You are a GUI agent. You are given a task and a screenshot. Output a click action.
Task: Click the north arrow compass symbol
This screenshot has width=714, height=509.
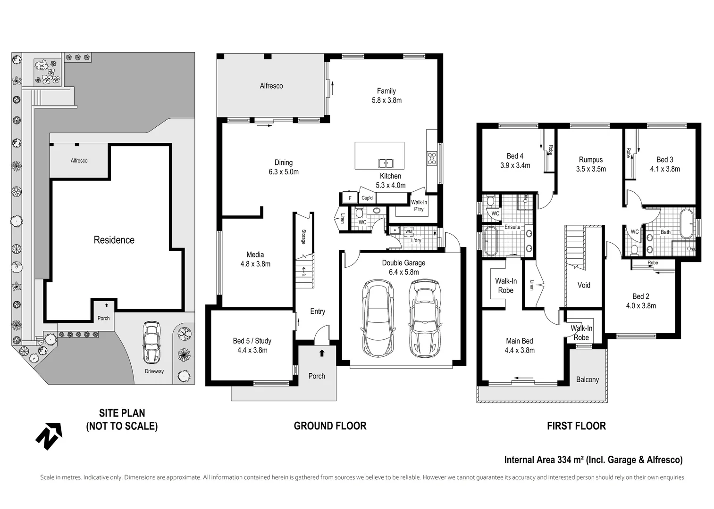(x=49, y=435)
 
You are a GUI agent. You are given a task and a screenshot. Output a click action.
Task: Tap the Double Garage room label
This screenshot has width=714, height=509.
(x=403, y=263)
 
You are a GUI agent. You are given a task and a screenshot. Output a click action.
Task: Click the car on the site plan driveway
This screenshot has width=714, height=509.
(x=151, y=342)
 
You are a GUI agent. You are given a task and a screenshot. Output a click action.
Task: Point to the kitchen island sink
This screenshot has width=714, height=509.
(x=386, y=163)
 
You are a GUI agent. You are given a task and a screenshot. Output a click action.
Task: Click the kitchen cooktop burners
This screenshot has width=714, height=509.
(x=432, y=158)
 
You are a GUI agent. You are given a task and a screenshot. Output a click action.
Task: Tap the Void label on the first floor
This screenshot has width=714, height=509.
(x=584, y=285)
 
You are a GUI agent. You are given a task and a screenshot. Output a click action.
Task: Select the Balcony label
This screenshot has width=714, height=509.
(x=588, y=379)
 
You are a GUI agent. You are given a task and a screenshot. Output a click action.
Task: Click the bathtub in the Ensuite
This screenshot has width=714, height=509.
(x=490, y=241)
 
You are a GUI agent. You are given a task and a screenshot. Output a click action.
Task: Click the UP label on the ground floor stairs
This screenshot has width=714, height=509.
(x=303, y=275)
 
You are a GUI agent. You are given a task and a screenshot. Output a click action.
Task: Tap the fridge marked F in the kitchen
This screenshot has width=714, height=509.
(x=350, y=197)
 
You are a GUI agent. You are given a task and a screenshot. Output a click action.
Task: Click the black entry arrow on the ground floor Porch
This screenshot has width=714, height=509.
(x=322, y=353)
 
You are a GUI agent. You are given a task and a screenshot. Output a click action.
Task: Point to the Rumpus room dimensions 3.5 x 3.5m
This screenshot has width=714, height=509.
(x=591, y=169)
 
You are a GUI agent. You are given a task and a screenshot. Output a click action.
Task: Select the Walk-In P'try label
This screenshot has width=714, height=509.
(x=419, y=205)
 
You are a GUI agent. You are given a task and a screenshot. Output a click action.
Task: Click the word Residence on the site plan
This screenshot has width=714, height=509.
(x=114, y=240)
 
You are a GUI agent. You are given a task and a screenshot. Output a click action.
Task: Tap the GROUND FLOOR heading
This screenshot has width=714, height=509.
(x=330, y=426)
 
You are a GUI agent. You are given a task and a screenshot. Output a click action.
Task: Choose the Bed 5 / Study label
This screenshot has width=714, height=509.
(x=252, y=341)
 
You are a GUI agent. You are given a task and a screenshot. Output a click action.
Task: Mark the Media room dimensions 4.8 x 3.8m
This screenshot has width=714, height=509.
(x=255, y=264)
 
